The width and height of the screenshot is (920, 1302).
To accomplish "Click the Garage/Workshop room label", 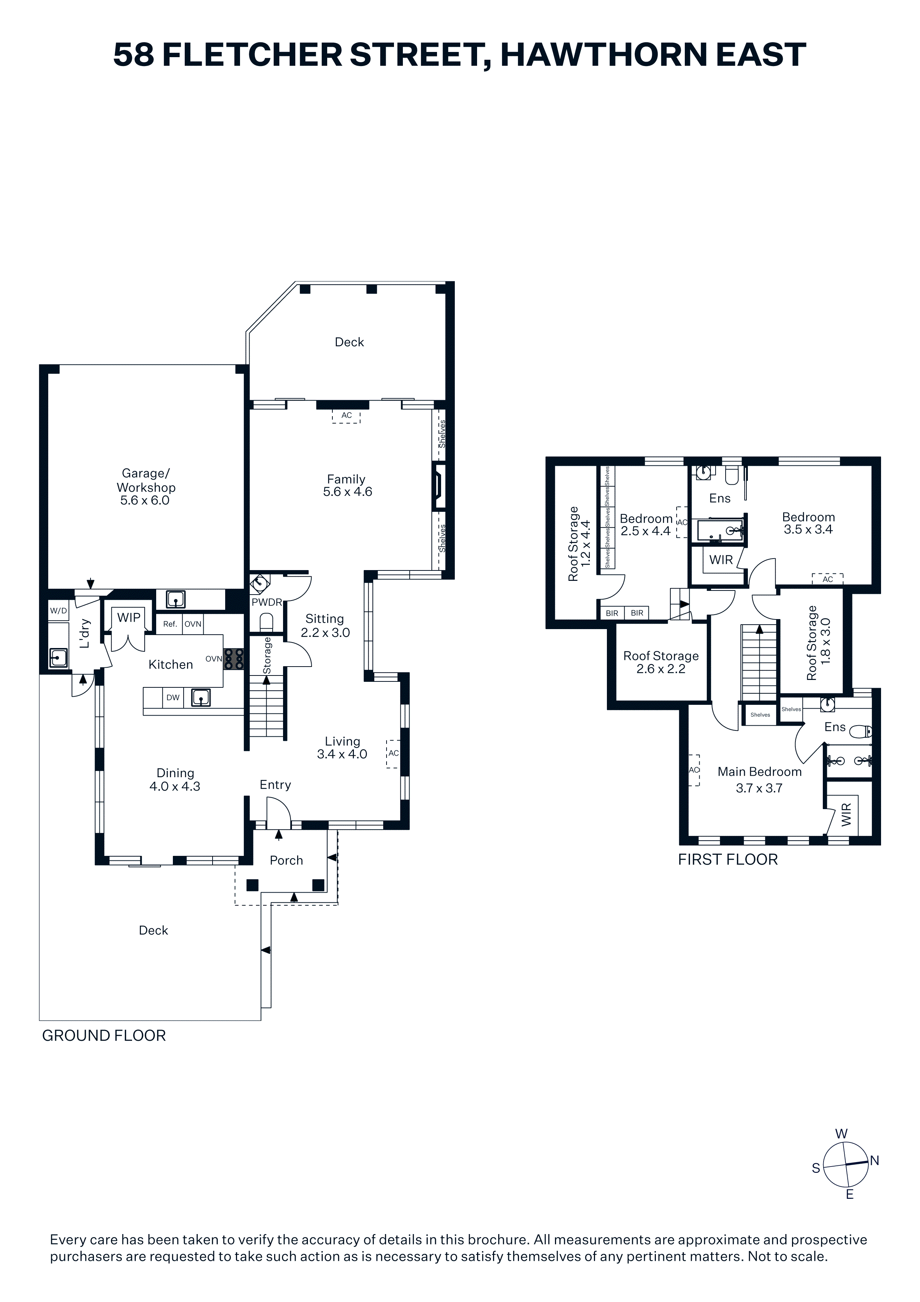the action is (146, 480).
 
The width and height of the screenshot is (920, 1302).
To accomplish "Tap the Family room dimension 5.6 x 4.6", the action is (348, 492).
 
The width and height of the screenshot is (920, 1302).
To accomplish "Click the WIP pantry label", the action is (129, 618).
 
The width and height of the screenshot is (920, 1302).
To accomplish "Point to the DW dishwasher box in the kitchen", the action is (173, 697).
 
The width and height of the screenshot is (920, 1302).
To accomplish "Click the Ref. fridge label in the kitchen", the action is (170, 624).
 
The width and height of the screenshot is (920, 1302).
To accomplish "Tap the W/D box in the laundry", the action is (58, 611).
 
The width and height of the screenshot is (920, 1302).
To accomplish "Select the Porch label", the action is (286, 860).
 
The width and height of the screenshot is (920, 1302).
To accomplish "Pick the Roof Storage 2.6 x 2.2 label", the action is (661, 663).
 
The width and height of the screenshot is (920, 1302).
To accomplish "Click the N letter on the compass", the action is (875, 1161).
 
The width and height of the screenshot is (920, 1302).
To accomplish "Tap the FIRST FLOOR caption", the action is (728, 860).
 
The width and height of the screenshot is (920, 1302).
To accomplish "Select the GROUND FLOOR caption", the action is (104, 1036).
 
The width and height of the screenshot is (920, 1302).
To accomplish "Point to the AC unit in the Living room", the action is (393, 754).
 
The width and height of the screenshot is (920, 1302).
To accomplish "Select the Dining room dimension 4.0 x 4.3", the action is (175, 786).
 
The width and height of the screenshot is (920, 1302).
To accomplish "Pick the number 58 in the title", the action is (134, 55).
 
